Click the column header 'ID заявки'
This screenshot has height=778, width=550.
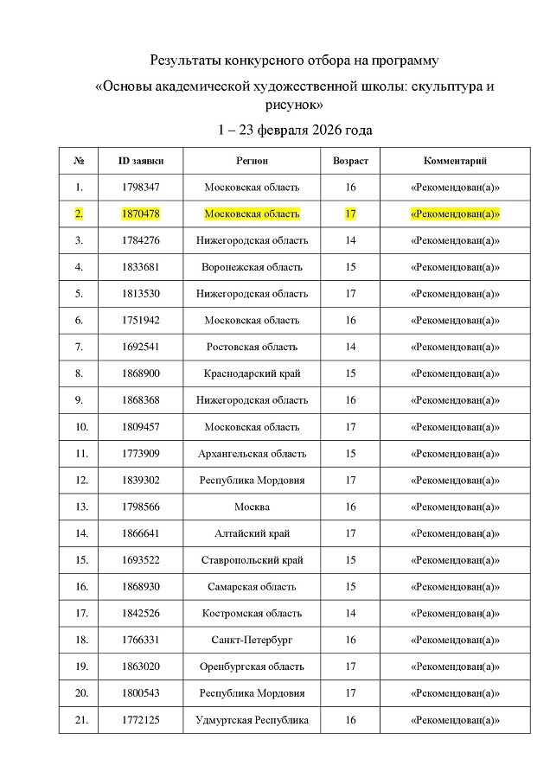pyautogui.click(x=141, y=161)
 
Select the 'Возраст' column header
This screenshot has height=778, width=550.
pyautogui.click(x=350, y=161)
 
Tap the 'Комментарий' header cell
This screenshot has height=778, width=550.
pyautogui.click(x=455, y=161)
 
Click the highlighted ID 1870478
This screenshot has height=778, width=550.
pyautogui.click(x=141, y=214)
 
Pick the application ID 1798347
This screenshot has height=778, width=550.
pyautogui.click(x=141, y=187)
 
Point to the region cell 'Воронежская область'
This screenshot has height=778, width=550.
pyautogui.click(x=252, y=267)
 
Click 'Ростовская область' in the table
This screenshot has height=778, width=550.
pyautogui.click(x=252, y=347)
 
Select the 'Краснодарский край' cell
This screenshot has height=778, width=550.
pyautogui.click(x=252, y=373)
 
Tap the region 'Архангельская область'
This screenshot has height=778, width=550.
pyautogui.click(x=252, y=453)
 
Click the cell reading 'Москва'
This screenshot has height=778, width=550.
pyautogui.click(x=252, y=507)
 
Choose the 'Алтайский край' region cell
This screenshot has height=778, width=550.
pyautogui.click(x=252, y=533)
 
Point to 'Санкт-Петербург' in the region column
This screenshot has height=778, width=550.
pyautogui.click(x=252, y=640)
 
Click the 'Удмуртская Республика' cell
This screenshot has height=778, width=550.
pyautogui.click(x=252, y=719)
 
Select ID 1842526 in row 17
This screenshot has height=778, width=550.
pyautogui.click(x=141, y=613)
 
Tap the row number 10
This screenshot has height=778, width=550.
pyautogui.click(x=80, y=427)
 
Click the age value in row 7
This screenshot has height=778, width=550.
pyautogui.click(x=350, y=347)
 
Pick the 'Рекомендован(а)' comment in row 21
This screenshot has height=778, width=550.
pyautogui.click(x=455, y=719)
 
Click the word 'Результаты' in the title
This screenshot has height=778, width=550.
pyautogui.click(x=185, y=61)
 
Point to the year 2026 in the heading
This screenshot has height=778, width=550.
pyautogui.click(x=317, y=131)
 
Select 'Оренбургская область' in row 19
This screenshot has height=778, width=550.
pyautogui.click(x=252, y=666)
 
